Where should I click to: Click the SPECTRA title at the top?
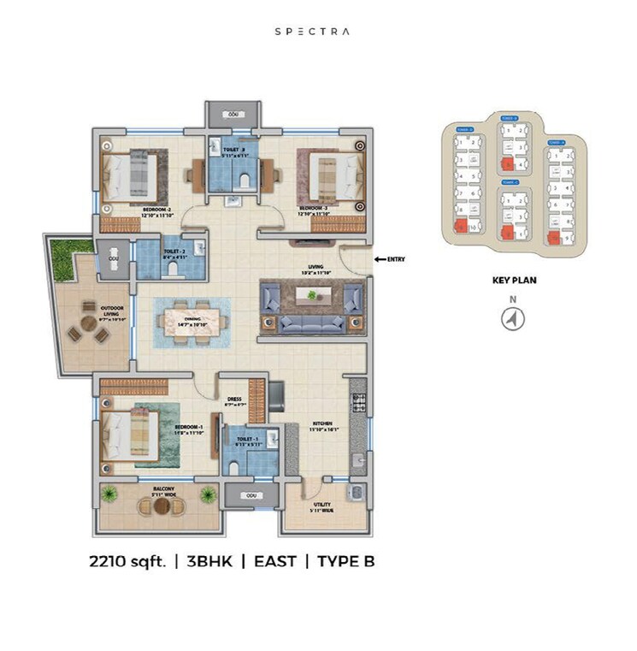[x=311, y=32]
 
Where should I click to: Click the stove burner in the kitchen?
[x=358, y=400]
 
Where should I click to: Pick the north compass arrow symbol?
[x=513, y=318]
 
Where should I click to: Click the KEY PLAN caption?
[x=513, y=279]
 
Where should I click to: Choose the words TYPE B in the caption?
[x=346, y=561]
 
